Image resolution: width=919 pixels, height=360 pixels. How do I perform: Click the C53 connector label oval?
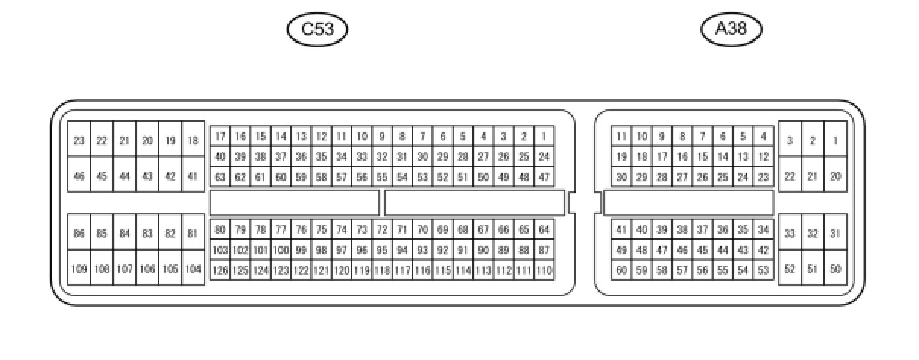point(317,30)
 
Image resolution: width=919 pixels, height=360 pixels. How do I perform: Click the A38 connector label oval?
point(731,30)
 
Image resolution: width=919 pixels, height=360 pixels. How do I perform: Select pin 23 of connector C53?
point(79,141)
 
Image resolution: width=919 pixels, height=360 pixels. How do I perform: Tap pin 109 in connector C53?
point(79,269)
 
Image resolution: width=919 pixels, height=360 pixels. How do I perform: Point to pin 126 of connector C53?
point(219,270)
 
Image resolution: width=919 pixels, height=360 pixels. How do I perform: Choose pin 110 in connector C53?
point(544,270)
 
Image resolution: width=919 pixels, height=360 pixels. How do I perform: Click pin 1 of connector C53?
point(544,137)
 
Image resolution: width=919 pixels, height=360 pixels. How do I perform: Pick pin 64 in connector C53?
point(544,229)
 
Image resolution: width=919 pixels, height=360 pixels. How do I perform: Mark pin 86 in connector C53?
point(79,234)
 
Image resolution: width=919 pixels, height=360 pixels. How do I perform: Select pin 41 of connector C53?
point(193,176)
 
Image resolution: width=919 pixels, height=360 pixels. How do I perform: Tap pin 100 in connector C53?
point(280,250)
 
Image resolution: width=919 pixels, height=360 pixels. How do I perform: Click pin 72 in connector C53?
point(382,229)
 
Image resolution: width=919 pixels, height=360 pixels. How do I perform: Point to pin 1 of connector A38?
point(835,141)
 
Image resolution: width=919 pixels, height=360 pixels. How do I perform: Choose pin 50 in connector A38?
point(835,269)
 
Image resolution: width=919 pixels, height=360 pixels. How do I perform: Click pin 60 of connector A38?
point(621,270)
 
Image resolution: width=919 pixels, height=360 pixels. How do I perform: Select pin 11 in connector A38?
point(621,137)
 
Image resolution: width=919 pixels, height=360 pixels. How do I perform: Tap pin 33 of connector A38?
point(790,234)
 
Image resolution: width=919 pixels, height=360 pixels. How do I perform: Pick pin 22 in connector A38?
point(790,176)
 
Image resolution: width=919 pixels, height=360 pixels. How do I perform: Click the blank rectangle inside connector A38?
point(688,203)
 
